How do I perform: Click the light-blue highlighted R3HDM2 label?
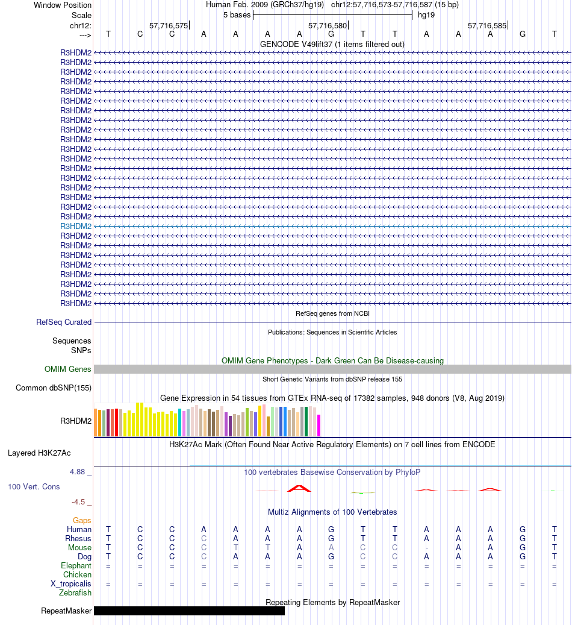click(76, 226)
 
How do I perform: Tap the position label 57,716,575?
click(169, 26)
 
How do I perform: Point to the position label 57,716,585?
click(487, 26)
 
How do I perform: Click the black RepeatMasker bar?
click(189, 611)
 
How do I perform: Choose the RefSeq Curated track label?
click(64, 322)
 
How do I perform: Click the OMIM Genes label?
click(68, 369)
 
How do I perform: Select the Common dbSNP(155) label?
click(54, 388)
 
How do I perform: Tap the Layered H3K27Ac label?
click(39, 453)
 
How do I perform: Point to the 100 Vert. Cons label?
click(34, 486)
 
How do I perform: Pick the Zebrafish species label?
click(75, 593)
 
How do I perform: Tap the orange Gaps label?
click(82, 520)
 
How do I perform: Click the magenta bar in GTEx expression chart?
click(319, 425)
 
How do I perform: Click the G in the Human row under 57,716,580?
click(331, 529)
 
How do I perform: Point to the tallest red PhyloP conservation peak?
click(299, 488)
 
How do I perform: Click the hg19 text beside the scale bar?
click(426, 14)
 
